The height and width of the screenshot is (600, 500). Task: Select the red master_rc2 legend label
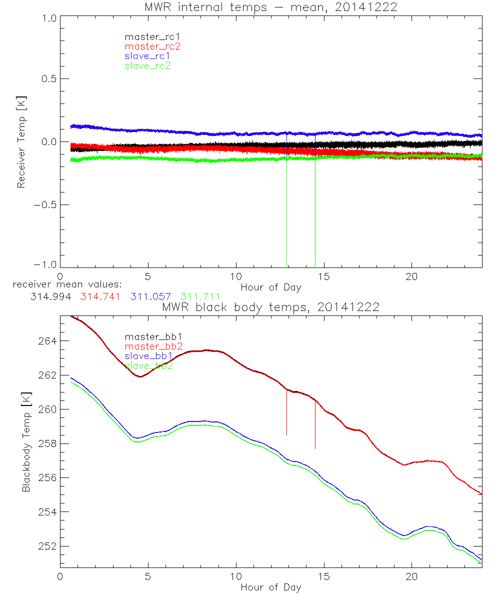click(152, 46)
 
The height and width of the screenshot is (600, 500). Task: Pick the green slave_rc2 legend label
click(147, 65)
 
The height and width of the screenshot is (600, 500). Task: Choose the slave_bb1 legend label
click(149, 356)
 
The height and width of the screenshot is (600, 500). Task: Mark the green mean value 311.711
click(200, 296)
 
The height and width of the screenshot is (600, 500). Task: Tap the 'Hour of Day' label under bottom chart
click(270, 587)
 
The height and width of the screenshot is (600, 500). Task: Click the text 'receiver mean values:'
click(63, 285)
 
